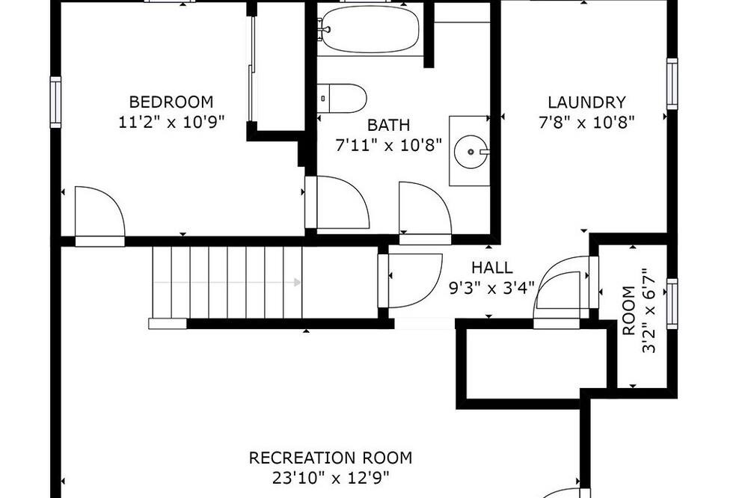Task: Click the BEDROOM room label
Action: (171, 102)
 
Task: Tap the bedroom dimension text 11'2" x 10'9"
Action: (171, 122)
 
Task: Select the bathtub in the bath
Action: (370, 28)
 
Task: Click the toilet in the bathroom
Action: (342, 98)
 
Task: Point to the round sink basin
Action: (470, 152)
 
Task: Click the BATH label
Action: (388, 125)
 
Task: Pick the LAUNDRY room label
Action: (586, 102)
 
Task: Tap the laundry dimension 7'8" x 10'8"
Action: (586, 123)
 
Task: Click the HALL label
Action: (492, 268)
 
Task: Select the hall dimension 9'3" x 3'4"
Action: (492, 288)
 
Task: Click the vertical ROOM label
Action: (629, 310)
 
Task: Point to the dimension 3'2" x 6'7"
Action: (649, 310)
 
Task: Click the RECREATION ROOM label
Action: (330, 458)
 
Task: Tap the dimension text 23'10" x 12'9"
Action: (331, 478)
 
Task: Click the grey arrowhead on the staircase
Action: (297, 283)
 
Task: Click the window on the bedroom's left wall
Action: (56, 102)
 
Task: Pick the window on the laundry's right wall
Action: (672, 84)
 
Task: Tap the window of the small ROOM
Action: (672, 304)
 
